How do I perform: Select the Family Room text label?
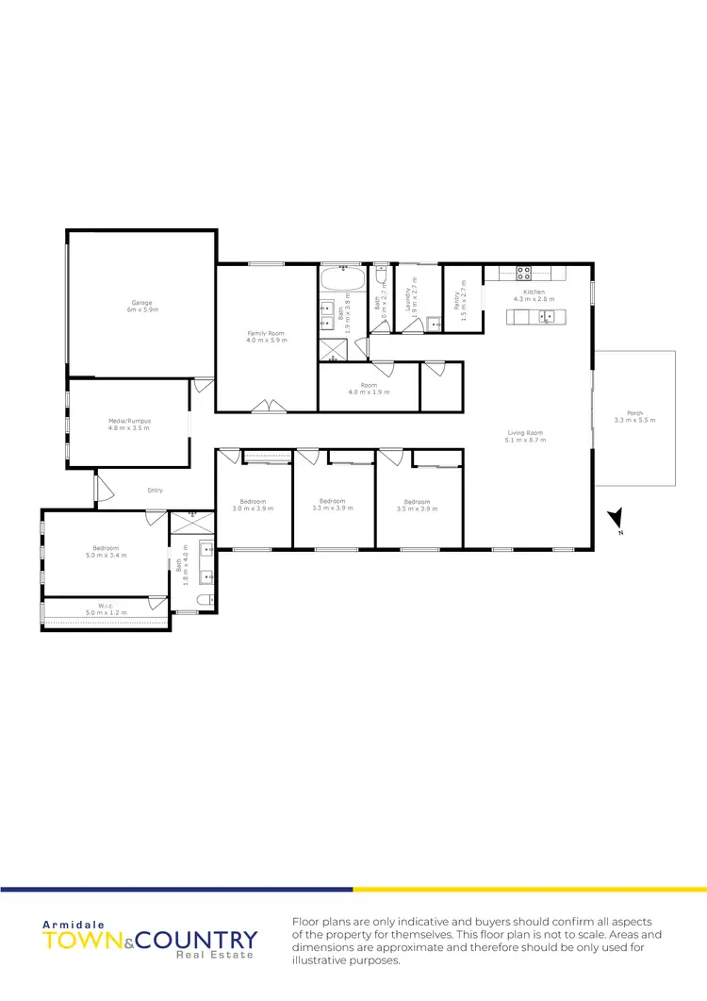[266, 334]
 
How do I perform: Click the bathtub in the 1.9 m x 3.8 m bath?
[341, 280]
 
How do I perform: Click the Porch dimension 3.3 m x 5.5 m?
[633, 420]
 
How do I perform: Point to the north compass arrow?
[617, 518]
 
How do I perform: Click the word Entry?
[156, 490]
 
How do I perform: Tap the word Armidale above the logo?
[62, 925]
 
